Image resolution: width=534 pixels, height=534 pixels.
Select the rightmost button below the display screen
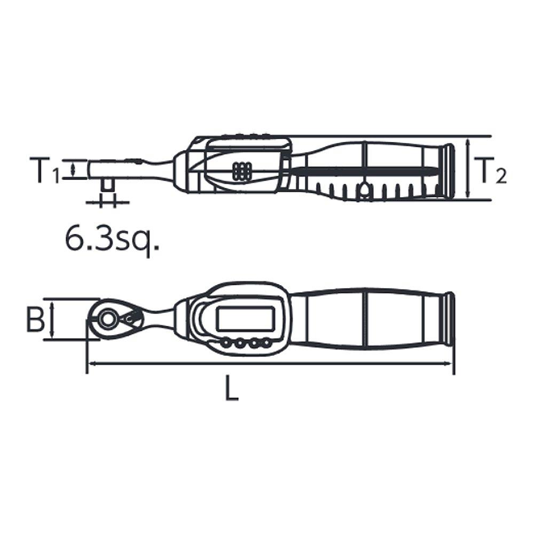click(x=264, y=344)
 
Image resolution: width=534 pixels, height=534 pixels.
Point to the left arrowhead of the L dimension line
click(x=90, y=363)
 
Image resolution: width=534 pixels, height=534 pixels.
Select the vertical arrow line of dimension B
click(x=52, y=319)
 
